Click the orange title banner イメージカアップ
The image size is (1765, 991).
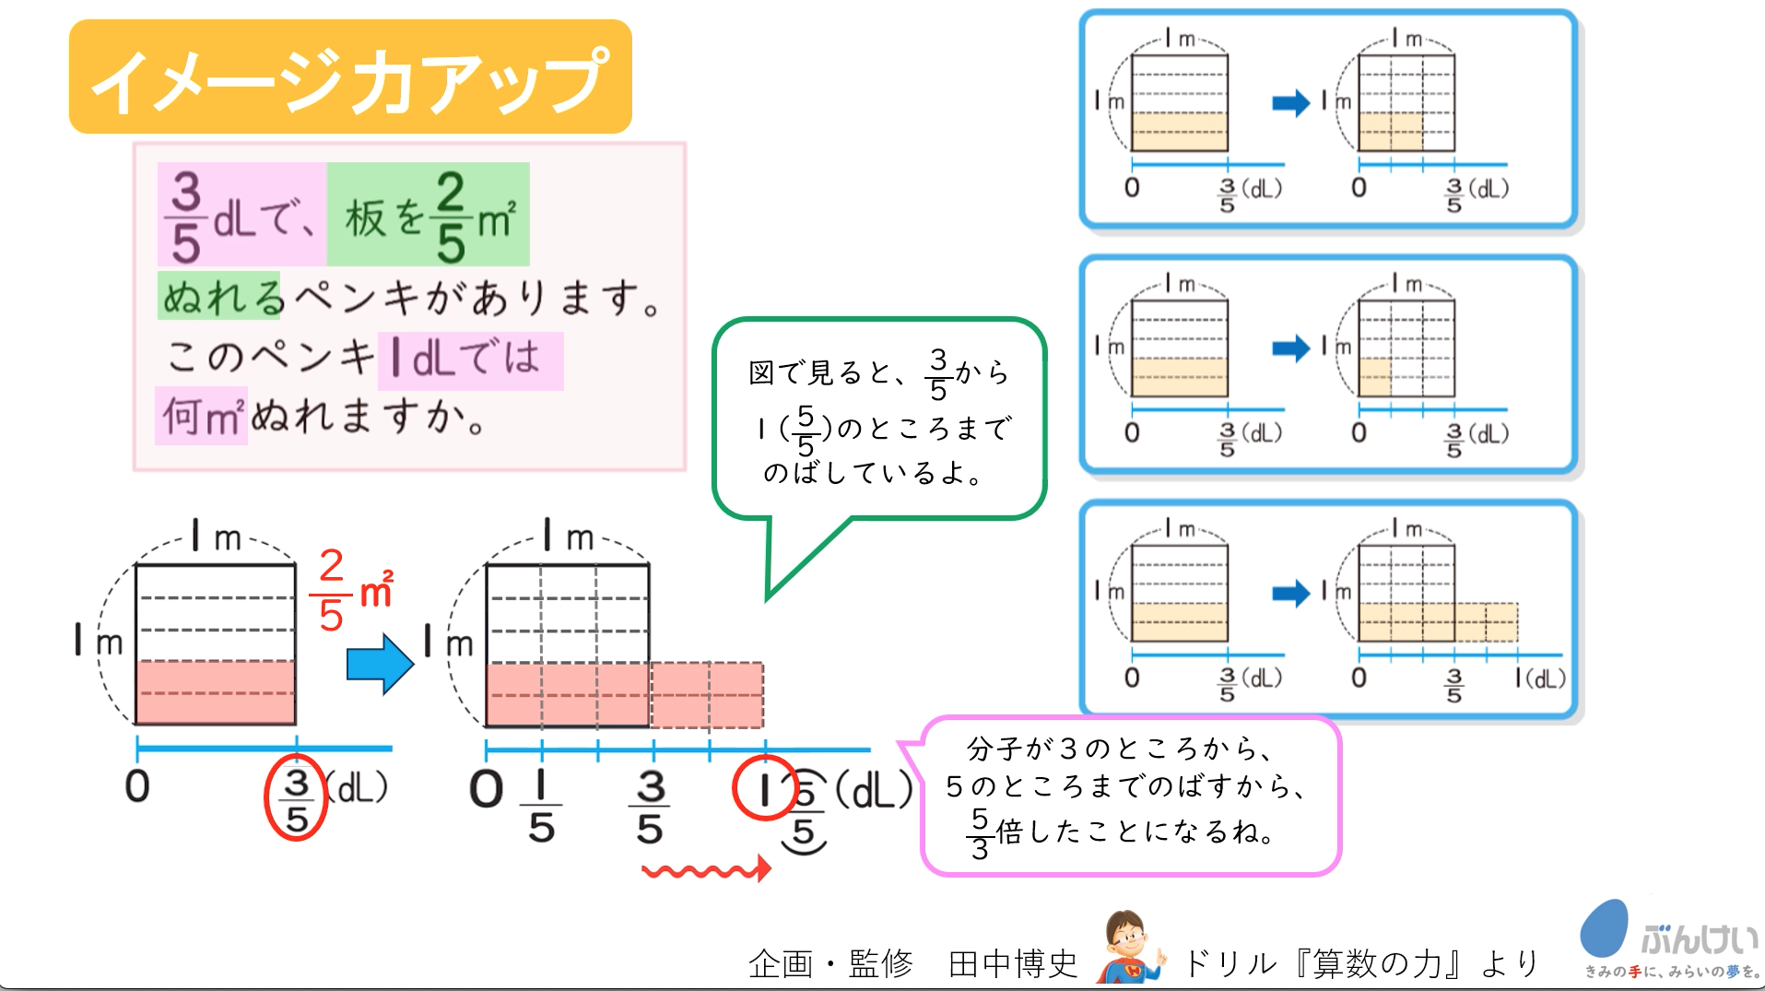tap(350, 77)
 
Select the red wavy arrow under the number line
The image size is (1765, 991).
tap(706, 869)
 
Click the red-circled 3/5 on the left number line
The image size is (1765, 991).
tap(296, 798)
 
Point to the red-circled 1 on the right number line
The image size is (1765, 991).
tap(764, 788)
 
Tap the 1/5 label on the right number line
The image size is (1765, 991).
tap(541, 808)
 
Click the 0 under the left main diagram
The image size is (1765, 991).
tap(137, 786)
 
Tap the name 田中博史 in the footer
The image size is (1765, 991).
tap(1013, 964)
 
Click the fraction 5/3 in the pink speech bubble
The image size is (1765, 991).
tap(980, 832)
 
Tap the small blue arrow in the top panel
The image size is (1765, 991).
tap(1290, 102)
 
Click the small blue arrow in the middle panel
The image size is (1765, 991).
tap(1290, 348)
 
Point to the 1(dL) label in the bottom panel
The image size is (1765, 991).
tap(1540, 678)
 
